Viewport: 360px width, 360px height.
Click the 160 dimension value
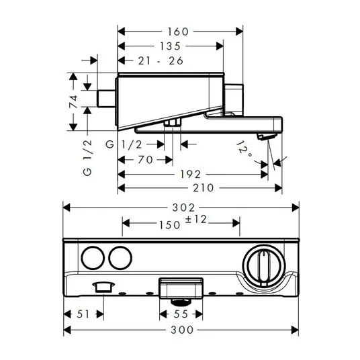tap(178, 32)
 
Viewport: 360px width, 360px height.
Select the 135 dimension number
tap(171, 46)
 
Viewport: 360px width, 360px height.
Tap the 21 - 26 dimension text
tap(161, 61)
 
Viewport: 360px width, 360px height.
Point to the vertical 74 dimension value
tap(73, 101)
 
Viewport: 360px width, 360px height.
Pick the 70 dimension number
tap(146, 160)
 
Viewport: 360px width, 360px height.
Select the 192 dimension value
tap(191, 174)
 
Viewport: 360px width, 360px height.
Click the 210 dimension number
tap(204, 188)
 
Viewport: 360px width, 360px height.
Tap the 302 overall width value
tap(183, 208)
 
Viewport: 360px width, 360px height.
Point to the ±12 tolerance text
tap(196, 219)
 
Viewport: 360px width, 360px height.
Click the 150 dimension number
tap(170, 225)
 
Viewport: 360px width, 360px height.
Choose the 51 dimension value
tap(83, 314)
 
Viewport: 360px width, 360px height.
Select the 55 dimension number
tap(181, 314)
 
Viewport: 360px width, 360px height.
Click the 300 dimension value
tap(182, 330)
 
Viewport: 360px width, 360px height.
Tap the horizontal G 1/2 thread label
tap(124, 144)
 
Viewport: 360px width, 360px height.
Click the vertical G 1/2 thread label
tap(87, 158)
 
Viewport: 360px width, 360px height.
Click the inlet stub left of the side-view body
tap(106, 99)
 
